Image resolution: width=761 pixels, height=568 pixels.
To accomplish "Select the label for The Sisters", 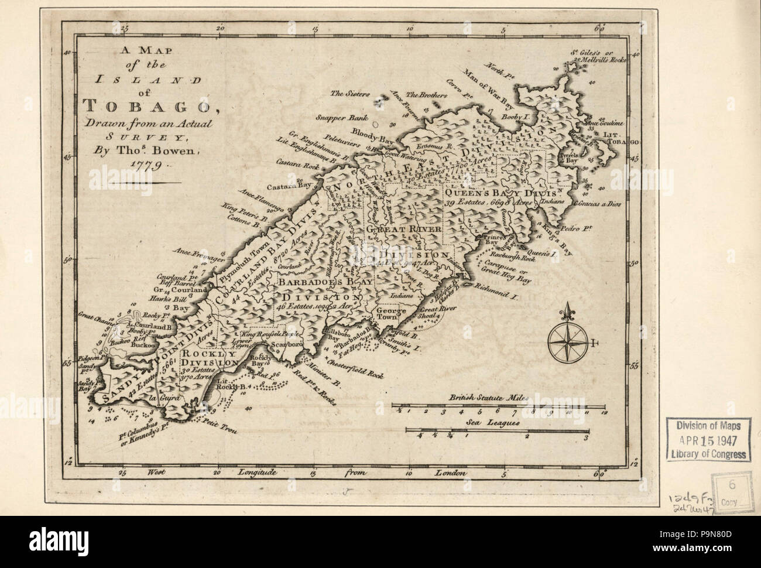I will point(348,93).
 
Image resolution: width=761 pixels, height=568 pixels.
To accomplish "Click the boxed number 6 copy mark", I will point(731,485).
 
